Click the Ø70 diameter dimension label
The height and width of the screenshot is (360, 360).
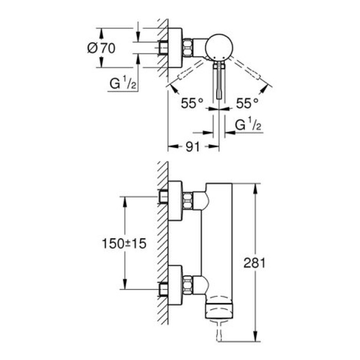[x=101, y=48]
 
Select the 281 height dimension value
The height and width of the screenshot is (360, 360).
[x=256, y=263]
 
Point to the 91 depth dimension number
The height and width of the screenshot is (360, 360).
[x=192, y=147]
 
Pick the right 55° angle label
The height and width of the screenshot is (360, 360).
[x=247, y=103]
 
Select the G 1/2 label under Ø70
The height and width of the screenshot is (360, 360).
[x=122, y=83]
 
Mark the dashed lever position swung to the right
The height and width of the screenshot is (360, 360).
[x=248, y=70]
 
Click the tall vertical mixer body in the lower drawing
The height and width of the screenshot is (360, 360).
[x=218, y=242]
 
